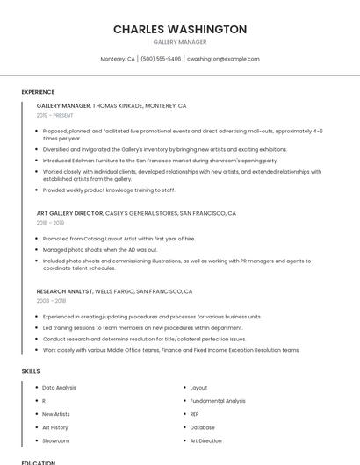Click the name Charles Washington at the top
180,29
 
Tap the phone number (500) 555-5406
161,59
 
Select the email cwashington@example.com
223,59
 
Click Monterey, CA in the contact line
118,59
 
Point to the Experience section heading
38,92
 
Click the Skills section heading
31,371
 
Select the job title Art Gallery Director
69,213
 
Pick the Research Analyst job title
64,290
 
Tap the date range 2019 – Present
55,115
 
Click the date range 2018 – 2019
50,223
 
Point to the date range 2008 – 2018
50,300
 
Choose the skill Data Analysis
59,387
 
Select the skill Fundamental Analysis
218,401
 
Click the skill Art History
55,427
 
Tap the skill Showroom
55,440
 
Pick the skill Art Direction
205,440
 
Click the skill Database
202,427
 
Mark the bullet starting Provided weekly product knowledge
109,190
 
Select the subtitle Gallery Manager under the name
180,41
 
